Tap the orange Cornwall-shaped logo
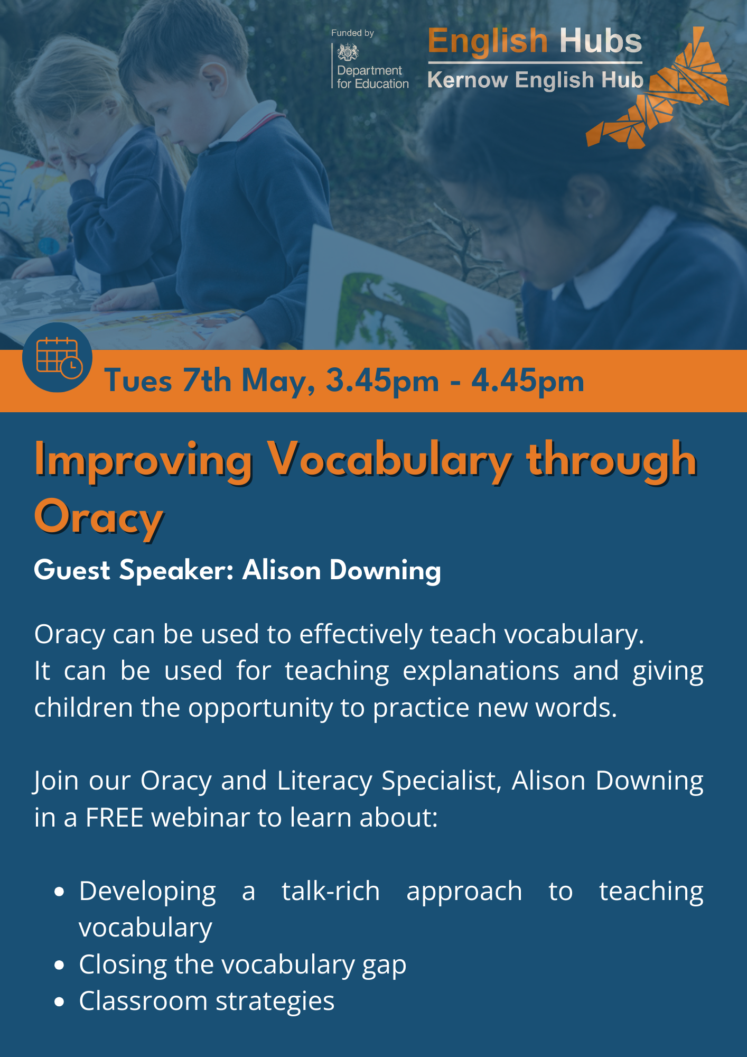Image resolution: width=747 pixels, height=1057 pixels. click(660, 90)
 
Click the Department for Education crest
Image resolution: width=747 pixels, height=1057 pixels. click(348, 53)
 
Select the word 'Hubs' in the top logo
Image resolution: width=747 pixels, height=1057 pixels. click(601, 41)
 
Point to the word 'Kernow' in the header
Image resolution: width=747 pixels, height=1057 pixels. click(468, 80)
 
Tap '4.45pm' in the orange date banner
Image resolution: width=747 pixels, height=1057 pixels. click(528, 381)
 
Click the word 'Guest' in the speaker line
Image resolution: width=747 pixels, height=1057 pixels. click(72, 570)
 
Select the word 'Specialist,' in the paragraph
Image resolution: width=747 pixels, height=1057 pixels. click(442, 781)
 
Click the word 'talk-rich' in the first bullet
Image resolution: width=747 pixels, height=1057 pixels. click(331, 891)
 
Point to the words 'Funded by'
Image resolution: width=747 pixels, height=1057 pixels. click(352, 33)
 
